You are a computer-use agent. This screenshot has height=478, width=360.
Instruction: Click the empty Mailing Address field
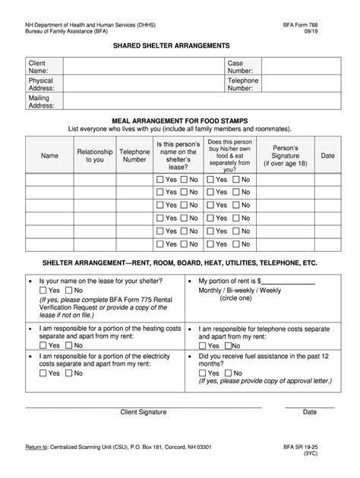click(199, 102)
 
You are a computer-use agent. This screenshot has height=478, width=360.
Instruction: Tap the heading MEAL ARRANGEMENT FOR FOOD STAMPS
click(180, 120)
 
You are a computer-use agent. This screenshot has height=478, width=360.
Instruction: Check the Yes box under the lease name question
click(43, 290)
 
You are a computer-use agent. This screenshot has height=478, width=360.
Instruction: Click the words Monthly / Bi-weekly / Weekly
click(239, 291)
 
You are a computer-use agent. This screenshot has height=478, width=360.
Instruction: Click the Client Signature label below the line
click(144, 413)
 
